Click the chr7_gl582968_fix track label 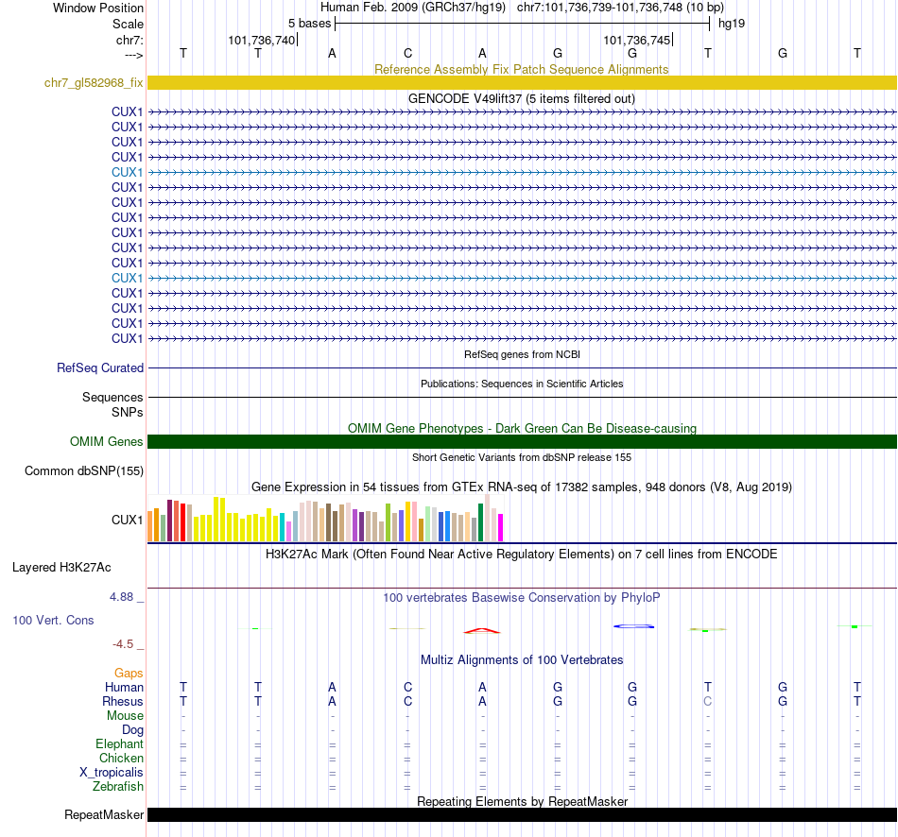[94, 83]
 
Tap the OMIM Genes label [107, 441]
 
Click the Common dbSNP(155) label [84, 470]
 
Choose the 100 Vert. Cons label [52, 621]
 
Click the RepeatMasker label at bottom [104, 814]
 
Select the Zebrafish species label [118, 786]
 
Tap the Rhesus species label [123, 702]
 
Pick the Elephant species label [120, 744]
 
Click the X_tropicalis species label [112, 772]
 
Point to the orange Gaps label [130, 673]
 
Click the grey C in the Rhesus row [707, 702]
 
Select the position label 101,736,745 [636, 40]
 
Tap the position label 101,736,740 [262, 40]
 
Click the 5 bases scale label [309, 23]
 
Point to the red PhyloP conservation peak [481, 630]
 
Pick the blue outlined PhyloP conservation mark [633, 625]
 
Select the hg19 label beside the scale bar [732, 23]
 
